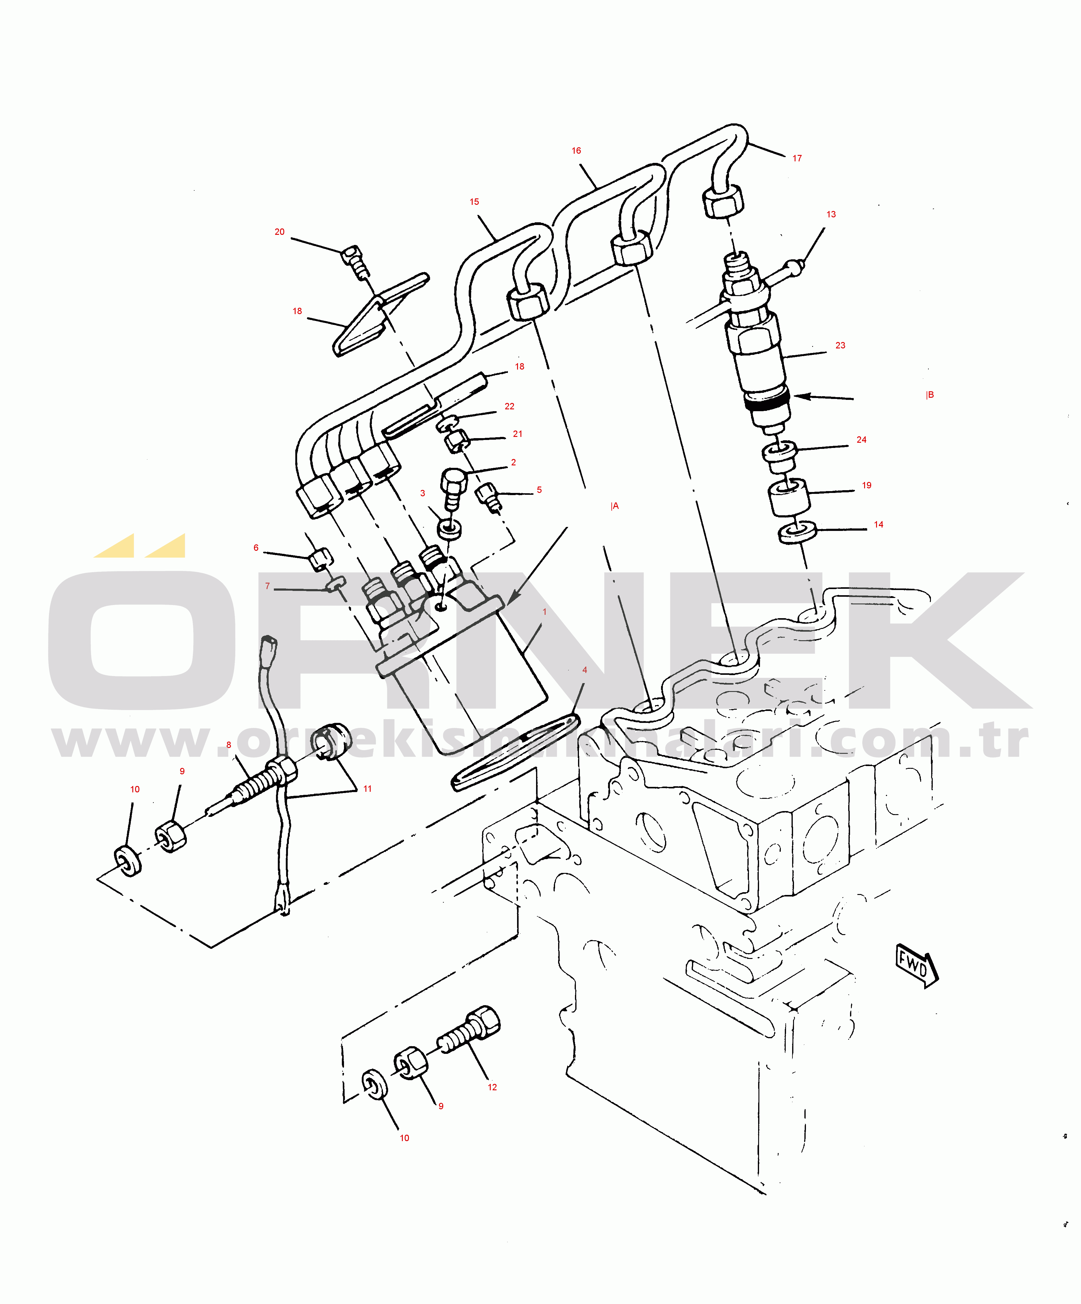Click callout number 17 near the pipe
tap(797, 158)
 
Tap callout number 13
tap(831, 214)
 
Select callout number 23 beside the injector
tap(841, 345)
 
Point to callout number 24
tap(862, 440)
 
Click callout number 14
tap(879, 525)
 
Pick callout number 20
tap(280, 231)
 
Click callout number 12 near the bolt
tap(493, 1087)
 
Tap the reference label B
tap(930, 395)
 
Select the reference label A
tap(614, 506)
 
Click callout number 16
tap(576, 151)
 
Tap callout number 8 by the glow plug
tap(229, 745)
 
